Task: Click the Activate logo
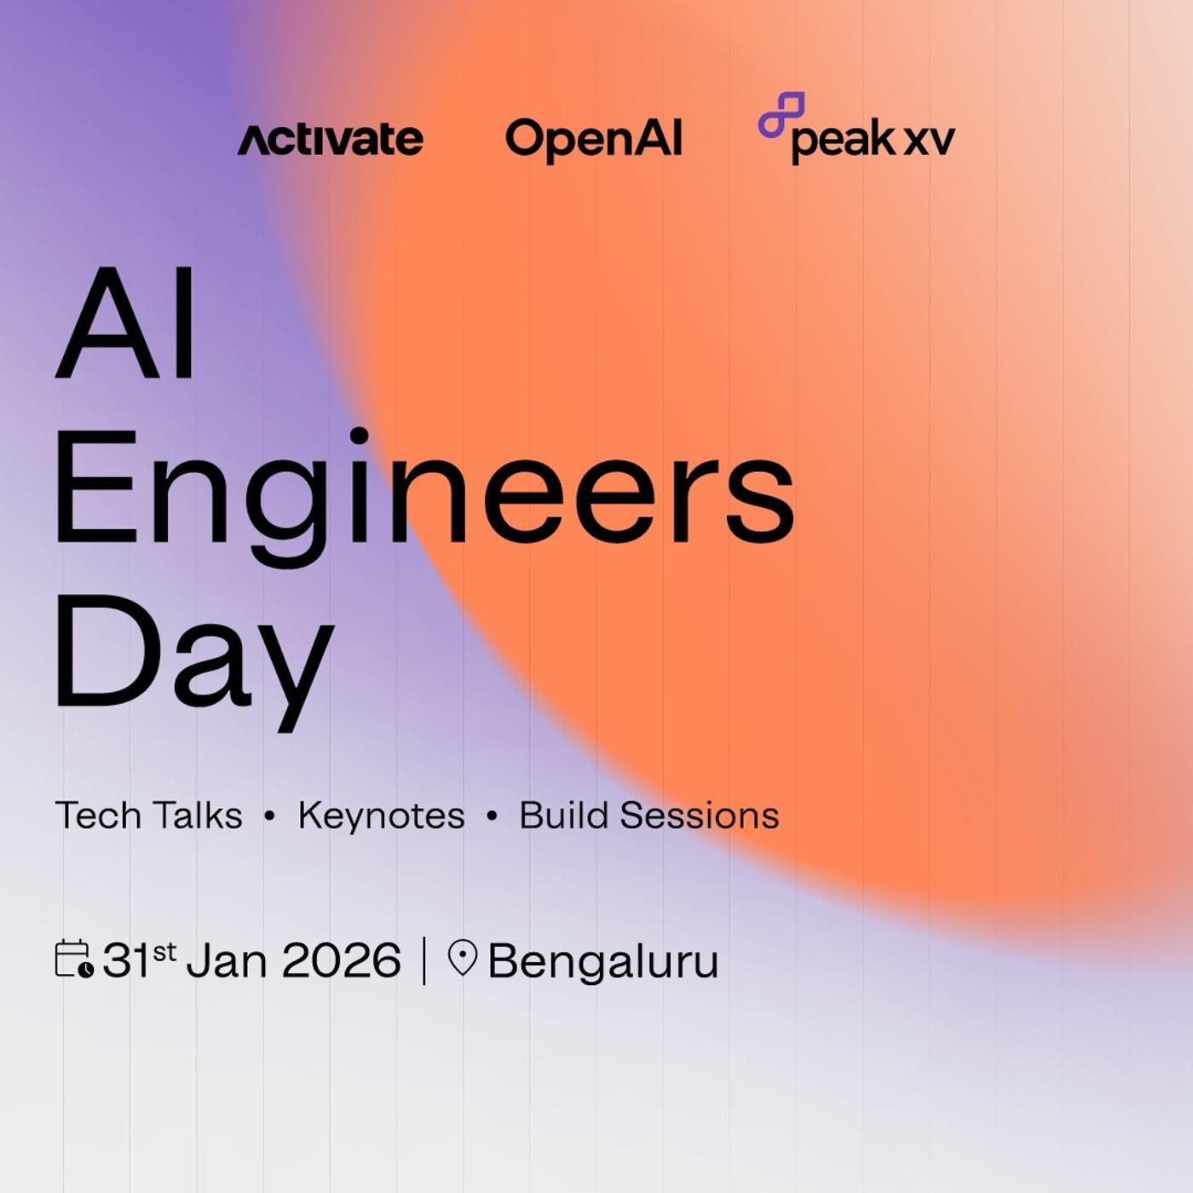pos(330,140)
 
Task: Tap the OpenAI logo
pos(594,140)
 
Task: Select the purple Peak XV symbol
pos(781,114)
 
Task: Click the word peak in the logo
pos(844,141)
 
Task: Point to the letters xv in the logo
pos(929,141)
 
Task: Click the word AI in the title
pos(126,323)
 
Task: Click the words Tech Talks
pos(148,816)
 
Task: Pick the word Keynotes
pos(381,816)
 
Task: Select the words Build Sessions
pos(649,816)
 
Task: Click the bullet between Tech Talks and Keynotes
pos(270,816)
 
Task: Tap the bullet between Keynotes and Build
pos(492,816)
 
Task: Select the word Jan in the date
pos(225,961)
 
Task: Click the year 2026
pos(341,961)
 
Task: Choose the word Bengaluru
pos(603,962)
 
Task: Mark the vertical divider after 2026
pos(424,960)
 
